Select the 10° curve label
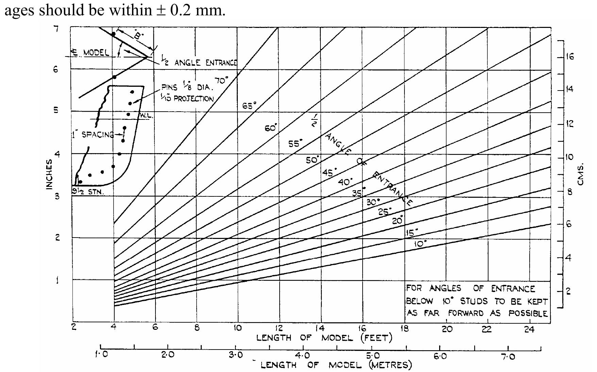click(x=420, y=244)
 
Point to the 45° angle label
click(x=329, y=172)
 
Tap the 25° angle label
click(x=385, y=212)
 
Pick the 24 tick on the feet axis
click(x=529, y=329)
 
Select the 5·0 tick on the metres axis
click(x=372, y=356)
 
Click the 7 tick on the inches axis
click(x=56, y=29)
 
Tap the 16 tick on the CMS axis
click(x=569, y=56)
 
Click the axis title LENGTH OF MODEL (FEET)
click(x=324, y=338)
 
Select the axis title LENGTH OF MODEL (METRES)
click(x=336, y=365)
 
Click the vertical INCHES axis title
click(x=49, y=174)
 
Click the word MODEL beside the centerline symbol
click(x=97, y=53)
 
